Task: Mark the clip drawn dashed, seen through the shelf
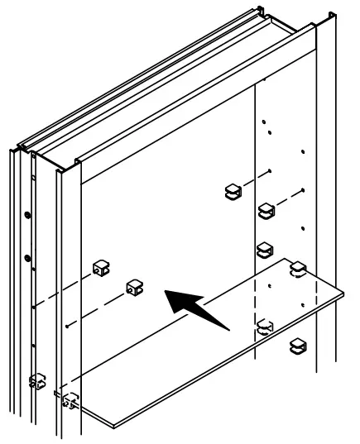point(265,327)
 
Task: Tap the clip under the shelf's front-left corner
point(70,400)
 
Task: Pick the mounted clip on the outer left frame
point(36,380)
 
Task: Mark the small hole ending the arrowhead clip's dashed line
point(65,324)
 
